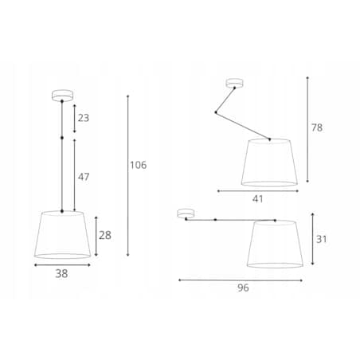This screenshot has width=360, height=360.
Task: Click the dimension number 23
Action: coord(84,118)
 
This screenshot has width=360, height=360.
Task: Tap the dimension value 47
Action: coord(84,177)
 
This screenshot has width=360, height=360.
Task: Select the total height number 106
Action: coord(138,165)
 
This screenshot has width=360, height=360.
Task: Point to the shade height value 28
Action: coord(105,235)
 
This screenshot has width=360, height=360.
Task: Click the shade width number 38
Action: coord(61,274)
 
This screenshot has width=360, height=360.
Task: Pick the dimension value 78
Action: coord(317,127)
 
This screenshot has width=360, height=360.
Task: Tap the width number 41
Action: coord(257,199)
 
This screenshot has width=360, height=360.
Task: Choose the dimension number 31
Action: coord(321,240)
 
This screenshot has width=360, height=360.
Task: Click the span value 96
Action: coord(243,288)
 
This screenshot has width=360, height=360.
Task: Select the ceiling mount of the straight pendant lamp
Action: coord(62,95)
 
